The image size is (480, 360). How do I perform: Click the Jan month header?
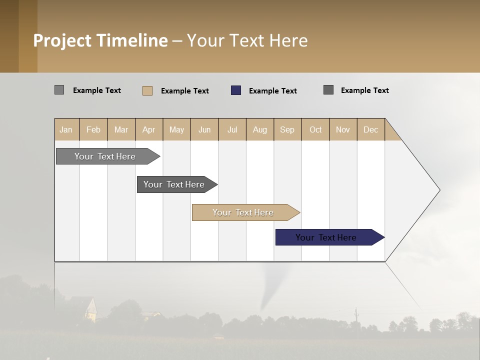tap(66, 129)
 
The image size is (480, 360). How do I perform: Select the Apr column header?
tap(148, 129)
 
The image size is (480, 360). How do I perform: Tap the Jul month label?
tap(232, 129)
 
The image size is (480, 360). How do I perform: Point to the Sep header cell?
tap(287, 129)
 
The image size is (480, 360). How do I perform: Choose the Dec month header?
tap(370, 129)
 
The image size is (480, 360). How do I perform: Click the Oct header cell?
tap(315, 129)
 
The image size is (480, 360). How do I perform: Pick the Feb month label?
tap(93, 129)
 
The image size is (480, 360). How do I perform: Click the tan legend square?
tap(147, 90)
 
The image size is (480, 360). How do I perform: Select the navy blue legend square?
tap(236, 90)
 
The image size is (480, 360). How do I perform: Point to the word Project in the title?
tap(62, 40)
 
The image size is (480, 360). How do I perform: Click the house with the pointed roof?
tap(90, 308)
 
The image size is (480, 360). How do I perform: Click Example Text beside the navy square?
tap(272, 91)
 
